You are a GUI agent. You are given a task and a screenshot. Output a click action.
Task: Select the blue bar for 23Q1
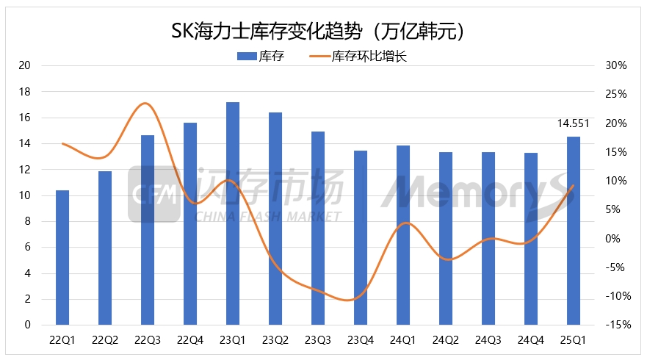[233, 213]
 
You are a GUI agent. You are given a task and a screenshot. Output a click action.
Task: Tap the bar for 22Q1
[62, 257]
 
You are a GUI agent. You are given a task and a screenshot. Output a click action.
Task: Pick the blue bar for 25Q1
[574, 231]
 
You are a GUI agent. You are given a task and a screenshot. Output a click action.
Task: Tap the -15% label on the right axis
[615, 325]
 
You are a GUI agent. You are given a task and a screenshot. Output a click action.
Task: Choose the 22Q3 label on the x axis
[148, 340]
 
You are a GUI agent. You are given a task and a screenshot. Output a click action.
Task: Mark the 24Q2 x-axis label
[446, 340]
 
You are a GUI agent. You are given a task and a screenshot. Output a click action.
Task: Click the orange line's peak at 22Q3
[147, 103]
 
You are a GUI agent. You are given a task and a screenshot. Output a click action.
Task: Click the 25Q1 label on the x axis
[574, 340]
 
